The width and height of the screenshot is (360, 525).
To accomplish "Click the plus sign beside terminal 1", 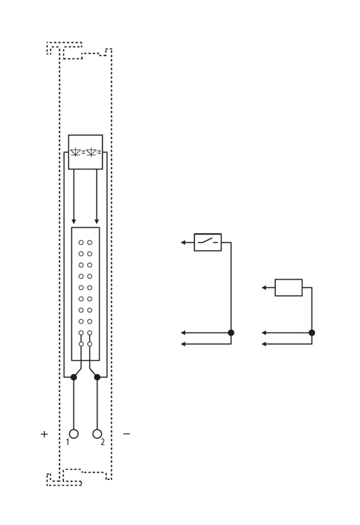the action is [44, 434].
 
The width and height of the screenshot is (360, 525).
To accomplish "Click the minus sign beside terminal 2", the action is [126, 434].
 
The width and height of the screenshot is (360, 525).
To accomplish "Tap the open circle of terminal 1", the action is [74, 434].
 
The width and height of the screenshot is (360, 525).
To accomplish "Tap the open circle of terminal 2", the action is [97, 434].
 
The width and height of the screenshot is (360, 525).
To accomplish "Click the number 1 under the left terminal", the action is [67, 442].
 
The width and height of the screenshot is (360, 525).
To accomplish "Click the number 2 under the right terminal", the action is [102, 442].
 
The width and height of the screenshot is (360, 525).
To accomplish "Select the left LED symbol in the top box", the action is [77, 152].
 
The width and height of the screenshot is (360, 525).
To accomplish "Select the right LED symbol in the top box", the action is [93, 152].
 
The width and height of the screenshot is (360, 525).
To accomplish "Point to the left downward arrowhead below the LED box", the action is [74, 221].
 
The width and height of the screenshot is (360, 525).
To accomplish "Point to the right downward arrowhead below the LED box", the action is [97, 221].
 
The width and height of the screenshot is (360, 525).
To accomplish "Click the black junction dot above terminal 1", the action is [74, 377].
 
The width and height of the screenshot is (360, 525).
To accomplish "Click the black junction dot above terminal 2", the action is [97, 377].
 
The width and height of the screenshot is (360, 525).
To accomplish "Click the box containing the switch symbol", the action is [208, 242].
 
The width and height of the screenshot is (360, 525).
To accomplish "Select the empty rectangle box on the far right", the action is [288, 288].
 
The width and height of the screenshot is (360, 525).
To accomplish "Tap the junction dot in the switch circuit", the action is [231, 333].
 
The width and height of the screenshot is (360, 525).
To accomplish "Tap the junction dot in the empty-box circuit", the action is [312, 333].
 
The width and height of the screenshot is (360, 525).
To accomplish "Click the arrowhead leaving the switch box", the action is [183, 242].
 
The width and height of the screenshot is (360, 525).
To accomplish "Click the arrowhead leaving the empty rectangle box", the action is [264, 288].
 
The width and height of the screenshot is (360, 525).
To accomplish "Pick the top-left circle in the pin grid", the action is [81, 242].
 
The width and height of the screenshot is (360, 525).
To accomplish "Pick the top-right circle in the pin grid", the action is [90, 242].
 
